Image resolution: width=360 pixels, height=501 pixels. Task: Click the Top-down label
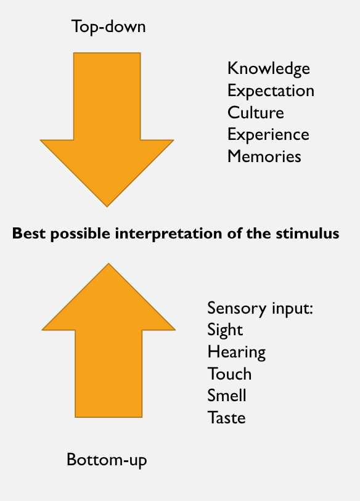(x=108, y=27)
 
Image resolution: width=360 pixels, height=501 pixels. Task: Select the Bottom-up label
(x=107, y=460)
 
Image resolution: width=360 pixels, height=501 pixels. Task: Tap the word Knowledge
(x=269, y=69)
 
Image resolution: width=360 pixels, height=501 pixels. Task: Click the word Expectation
(x=271, y=91)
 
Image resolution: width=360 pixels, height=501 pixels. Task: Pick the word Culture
(x=255, y=113)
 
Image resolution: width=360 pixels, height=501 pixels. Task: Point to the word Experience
(x=268, y=135)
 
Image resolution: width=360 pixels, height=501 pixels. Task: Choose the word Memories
(x=264, y=157)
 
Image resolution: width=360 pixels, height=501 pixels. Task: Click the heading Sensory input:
(x=260, y=309)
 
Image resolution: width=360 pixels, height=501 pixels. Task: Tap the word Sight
(x=225, y=330)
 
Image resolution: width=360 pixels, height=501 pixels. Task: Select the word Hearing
(x=236, y=352)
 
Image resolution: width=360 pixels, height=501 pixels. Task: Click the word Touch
(x=229, y=374)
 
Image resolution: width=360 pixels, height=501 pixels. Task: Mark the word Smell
(x=227, y=396)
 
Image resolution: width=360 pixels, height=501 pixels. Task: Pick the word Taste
(x=226, y=418)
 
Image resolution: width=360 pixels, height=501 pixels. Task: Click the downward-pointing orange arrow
(x=107, y=128)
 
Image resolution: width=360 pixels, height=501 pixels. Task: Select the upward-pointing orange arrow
(x=108, y=342)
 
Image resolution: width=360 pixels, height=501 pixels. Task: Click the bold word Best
(x=29, y=234)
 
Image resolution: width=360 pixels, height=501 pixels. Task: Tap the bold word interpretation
(x=168, y=234)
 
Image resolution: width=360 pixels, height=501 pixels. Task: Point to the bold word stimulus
(x=307, y=234)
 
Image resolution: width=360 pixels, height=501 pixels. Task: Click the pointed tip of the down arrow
(x=107, y=206)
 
